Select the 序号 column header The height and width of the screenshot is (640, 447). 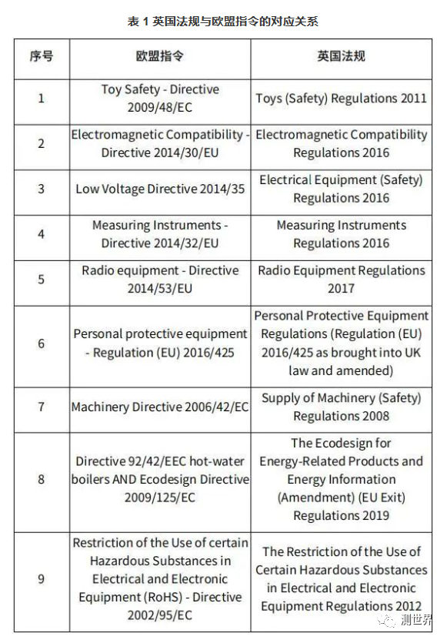click(42, 57)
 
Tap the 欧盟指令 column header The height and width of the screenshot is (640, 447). click(160, 57)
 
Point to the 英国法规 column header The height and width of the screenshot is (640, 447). click(341, 57)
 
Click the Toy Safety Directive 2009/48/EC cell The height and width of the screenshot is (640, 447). click(160, 99)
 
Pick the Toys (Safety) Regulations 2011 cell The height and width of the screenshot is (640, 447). click(341, 99)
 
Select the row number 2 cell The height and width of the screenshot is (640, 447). click(42, 143)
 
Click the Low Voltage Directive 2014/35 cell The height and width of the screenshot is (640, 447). click(160, 189)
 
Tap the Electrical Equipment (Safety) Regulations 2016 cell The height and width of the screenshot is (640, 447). click(341, 189)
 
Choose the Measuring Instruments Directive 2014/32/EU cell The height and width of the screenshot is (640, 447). click(160, 234)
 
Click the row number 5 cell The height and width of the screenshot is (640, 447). click(42, 279)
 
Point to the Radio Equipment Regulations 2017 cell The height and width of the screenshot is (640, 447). click(341, 279)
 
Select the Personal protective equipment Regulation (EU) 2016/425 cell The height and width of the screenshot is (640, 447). click(160, 343)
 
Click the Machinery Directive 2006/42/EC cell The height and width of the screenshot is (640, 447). click(160, 407)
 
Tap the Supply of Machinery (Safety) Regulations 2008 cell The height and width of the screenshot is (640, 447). click(341, 407)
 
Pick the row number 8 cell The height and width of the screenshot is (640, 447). click(42, 479)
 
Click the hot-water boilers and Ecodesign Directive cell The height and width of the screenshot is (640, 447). click(160, 479)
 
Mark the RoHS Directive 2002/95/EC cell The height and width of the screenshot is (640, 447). click(160, 578)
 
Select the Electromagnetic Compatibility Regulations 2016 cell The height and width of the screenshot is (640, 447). click(341, 143)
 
